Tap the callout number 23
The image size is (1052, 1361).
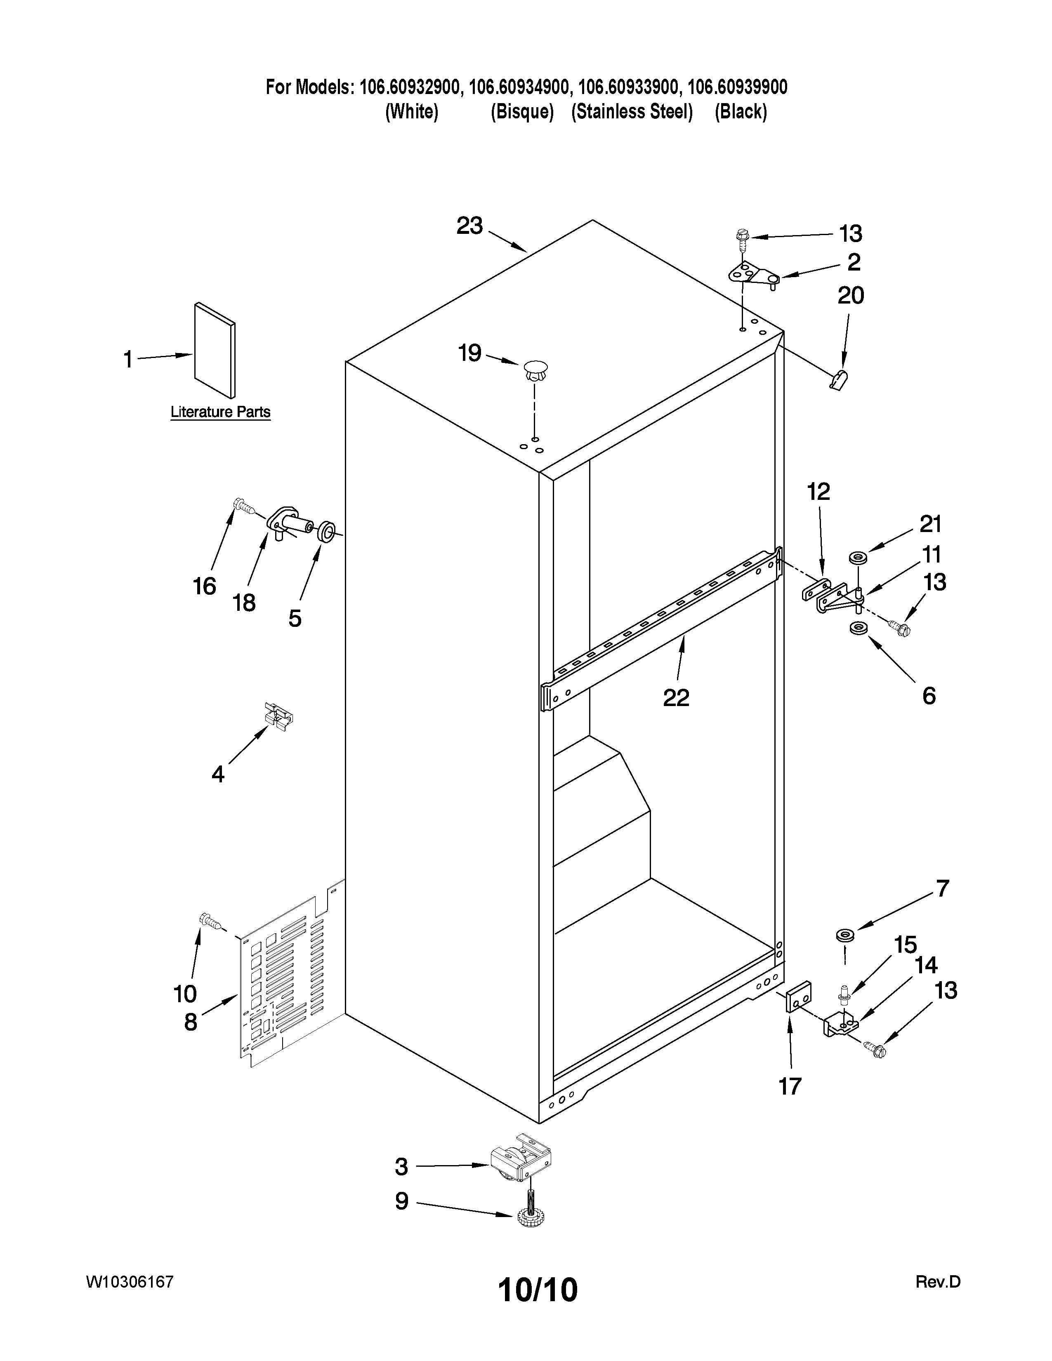coord(469,226)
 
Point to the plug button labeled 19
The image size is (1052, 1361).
coord(535,371)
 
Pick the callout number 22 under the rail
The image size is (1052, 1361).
coord(676,697)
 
